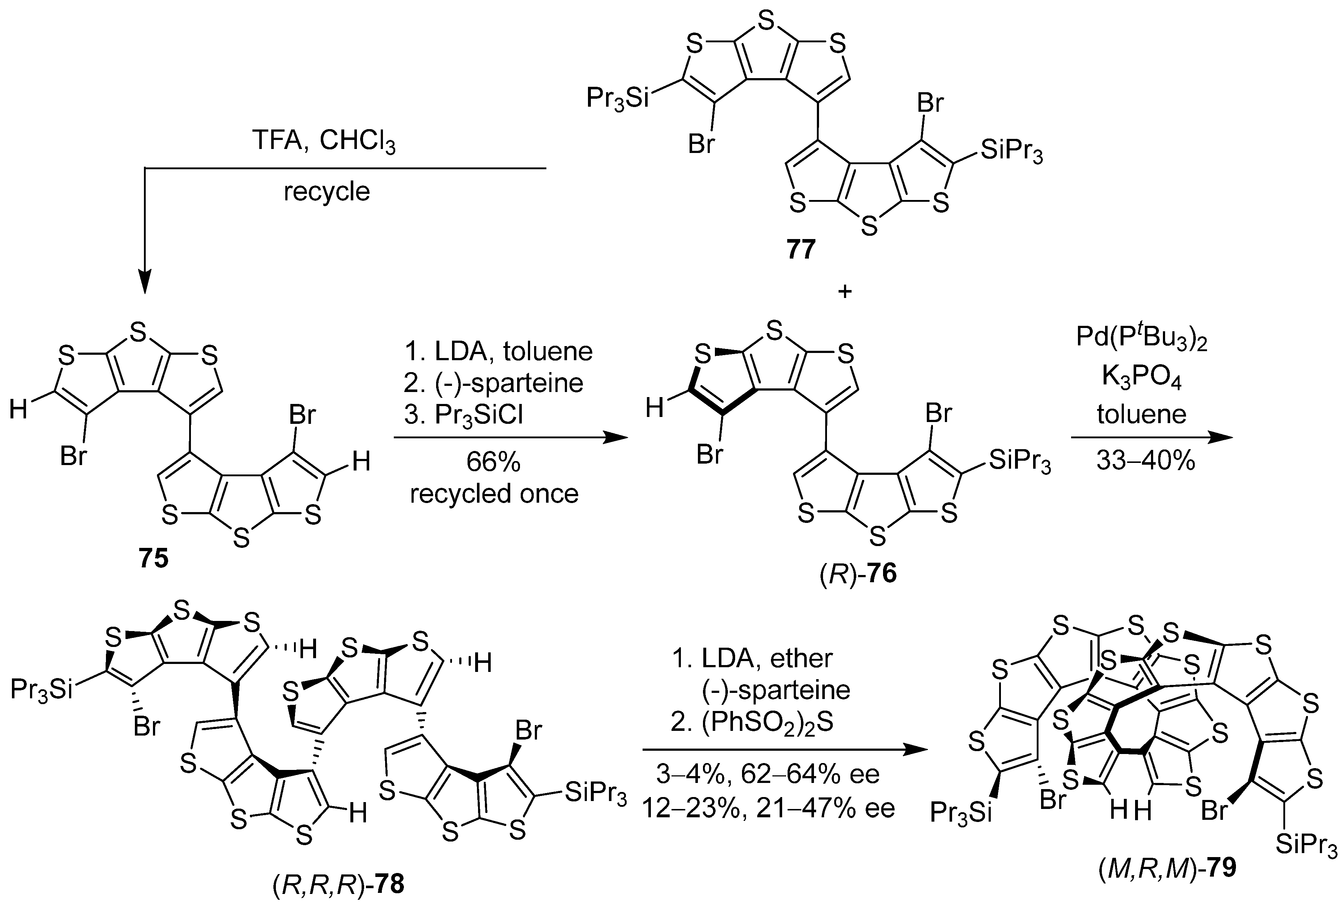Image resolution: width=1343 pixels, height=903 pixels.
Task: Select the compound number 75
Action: pyautogui.click(x=153, y=558)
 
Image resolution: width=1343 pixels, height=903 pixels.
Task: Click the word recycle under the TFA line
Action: pyautogui.click(x=327, y=192)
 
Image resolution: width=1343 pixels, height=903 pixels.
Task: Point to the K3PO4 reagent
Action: pyautogui.click(x=1142, y=378)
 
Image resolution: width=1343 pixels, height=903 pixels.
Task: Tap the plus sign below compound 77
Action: pyautogui.click(x=845, y=292)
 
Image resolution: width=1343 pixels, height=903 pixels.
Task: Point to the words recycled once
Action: pyautogui.click(x=494, y=494)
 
